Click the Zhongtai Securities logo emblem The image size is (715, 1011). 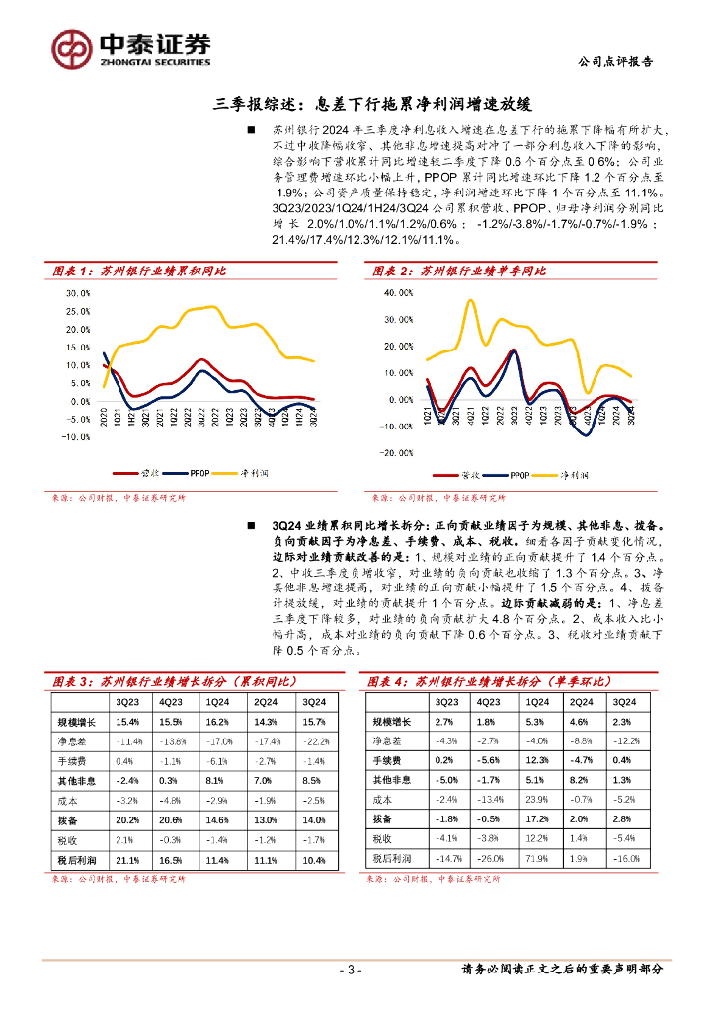pyautogui.click(x=70, y=47)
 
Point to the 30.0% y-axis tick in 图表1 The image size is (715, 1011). pyautogui.click(x=78, y=293)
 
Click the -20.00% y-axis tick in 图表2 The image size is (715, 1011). pyautogui.click(x=397, y=453)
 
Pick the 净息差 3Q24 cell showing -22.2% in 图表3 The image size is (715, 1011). pyautogui.click(x=313, y=741)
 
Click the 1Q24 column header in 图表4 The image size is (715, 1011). pyautogui.click(x=533, y=702)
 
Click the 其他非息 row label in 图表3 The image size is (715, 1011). pyautogui.click(x=75, y=781)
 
